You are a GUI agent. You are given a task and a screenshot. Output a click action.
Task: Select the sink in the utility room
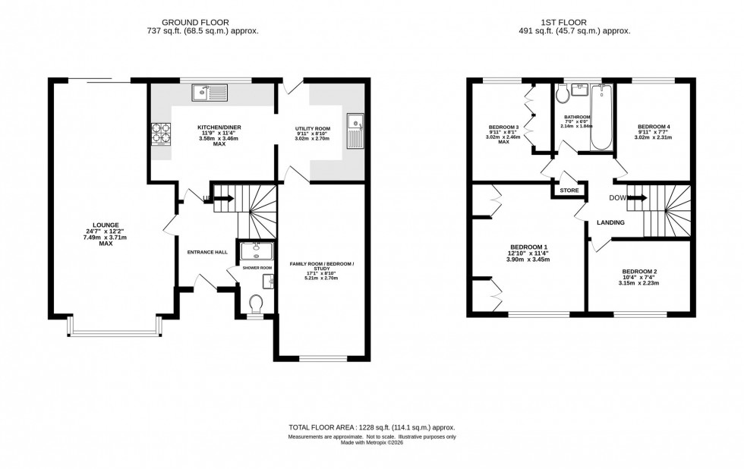click(x=355, y=131)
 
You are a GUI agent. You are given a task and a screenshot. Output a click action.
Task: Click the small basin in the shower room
click(x=268, y=282)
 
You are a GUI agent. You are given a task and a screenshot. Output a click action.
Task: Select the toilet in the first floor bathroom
click(x=563, y=94)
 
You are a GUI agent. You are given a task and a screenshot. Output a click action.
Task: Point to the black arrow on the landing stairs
click(x=638, y=198)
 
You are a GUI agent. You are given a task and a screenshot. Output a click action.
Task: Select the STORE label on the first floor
click(x=569, y=190)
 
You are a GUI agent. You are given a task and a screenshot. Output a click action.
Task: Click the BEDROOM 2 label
click(x=639, y=272)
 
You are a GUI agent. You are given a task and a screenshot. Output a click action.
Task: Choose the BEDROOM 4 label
click(x=654, y=127)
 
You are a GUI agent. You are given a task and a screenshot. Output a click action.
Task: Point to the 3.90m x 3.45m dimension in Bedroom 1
click(x=528, y=260)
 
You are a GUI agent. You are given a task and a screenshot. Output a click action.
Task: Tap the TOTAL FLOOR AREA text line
click(x=371, y=428)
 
